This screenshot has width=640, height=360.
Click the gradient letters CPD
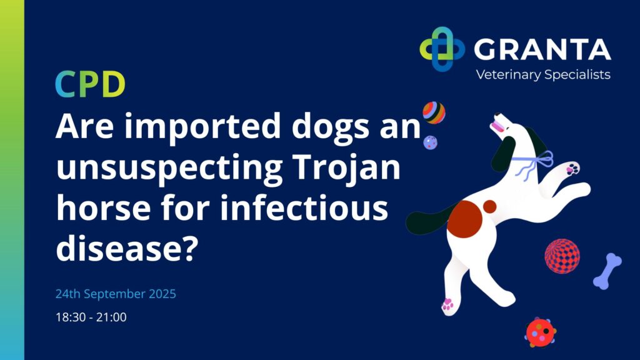[90, 84]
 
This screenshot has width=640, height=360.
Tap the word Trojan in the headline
[346, 167]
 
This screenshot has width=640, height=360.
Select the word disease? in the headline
[127, 248]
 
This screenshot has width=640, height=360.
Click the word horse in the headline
[103, 207]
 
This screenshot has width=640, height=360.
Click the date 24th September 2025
[116, 294]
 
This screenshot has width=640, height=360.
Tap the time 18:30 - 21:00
[91, 317]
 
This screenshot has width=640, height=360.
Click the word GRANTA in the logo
[542, 50]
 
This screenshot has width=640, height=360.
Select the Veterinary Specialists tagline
[543, 75]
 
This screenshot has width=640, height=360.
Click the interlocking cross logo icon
[442, 49]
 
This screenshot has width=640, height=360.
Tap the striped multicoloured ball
[434, 112]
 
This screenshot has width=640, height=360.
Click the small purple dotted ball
[430, 142]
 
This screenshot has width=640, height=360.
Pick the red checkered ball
[562, 256]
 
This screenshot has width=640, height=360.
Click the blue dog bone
[607, 271]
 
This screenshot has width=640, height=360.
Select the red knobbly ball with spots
[541, 332]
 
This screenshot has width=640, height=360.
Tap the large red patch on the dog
[464, 219]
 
